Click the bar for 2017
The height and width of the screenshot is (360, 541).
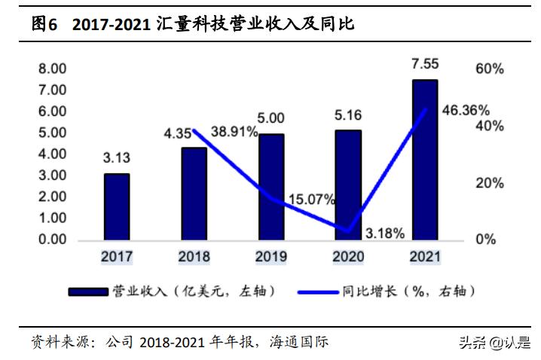[x=117, y=207]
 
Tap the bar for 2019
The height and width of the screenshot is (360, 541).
[x=271, y=187]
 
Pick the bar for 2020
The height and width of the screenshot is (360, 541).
[x=348, y=185]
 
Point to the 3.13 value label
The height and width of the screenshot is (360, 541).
[x=117, y=158]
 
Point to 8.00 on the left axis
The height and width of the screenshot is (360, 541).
[x=53, y=69]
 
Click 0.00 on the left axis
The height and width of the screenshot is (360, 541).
[x=53, y=239]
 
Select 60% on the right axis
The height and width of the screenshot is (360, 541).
[x=490, y=69]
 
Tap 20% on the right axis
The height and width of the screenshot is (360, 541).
[x=490, y=183]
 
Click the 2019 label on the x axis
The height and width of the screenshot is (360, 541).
[x=271, y=257]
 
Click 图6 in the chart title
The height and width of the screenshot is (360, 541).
[x=44, y=24]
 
